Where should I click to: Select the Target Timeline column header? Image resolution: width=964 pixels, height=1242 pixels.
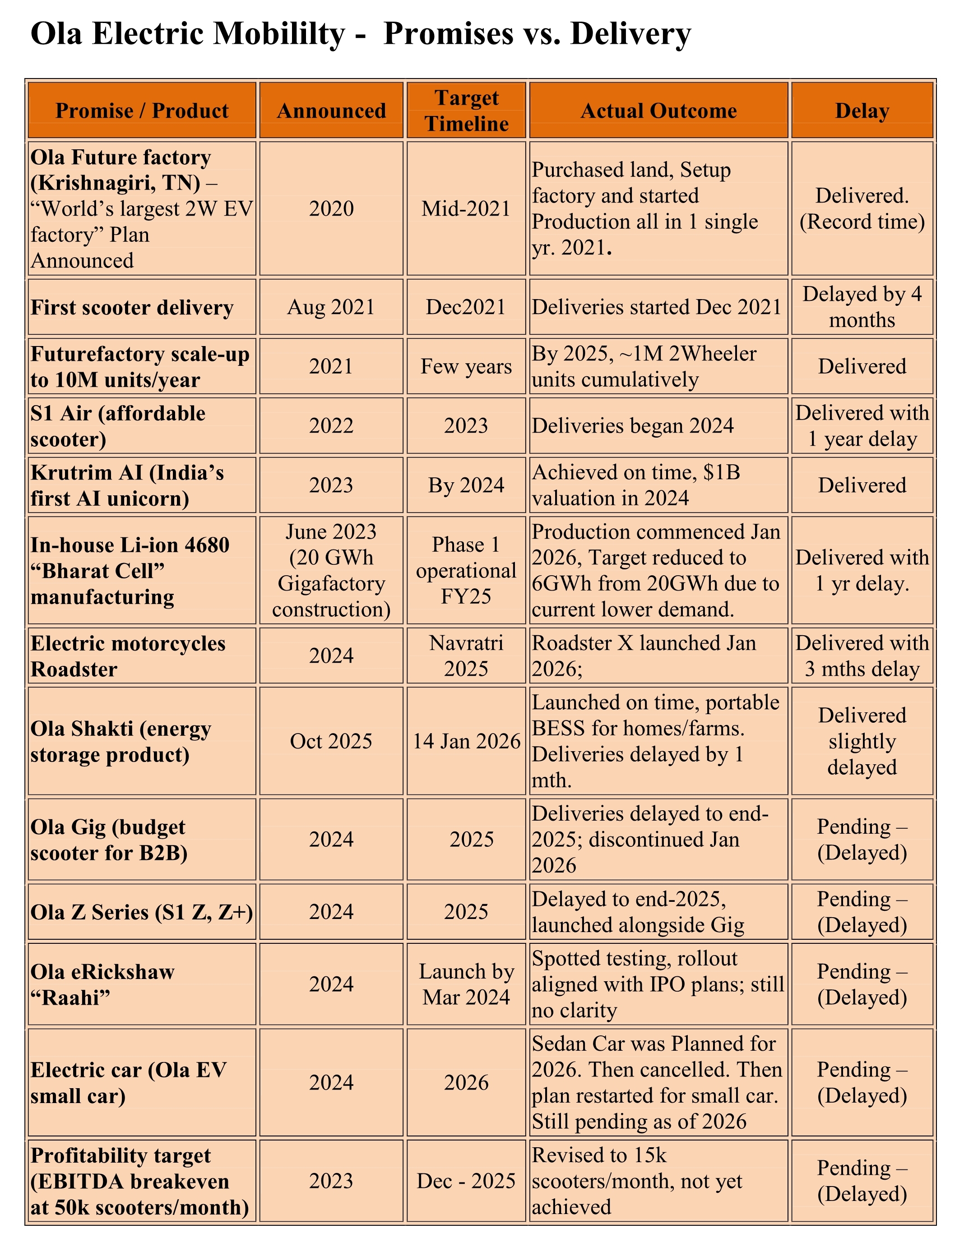click(x=466, y=111)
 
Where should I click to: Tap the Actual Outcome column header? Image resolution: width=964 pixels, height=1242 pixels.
click(x=658, y=111)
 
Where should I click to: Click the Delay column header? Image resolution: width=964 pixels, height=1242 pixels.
click(x=862, y=111)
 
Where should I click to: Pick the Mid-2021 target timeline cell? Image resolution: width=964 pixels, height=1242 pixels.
click(x=466, y=209)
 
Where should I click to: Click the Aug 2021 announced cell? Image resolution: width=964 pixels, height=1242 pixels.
click(x=331, y=307)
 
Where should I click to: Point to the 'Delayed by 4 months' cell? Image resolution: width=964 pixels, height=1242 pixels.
click(x=862, y=307)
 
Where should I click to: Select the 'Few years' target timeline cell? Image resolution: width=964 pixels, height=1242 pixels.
click(x=466, y=366)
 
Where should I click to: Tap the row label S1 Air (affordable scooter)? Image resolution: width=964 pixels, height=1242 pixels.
click(x=118, y=426)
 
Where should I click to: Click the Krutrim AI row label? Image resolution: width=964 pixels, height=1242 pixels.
click(x=127, y=485)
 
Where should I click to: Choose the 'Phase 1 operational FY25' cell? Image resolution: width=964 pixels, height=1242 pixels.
click(x=466, y=570)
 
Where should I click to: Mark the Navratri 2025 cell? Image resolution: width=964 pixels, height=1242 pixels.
click(x=466, y=656)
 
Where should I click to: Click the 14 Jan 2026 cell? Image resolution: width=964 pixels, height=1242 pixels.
click(x=466, y=741)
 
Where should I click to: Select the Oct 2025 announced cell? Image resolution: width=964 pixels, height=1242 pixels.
click(x=331, y=741)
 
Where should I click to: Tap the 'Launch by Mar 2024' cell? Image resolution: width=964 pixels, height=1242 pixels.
click(x=466, y=984)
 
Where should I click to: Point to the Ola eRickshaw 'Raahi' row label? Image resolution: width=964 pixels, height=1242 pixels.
click(x=103, y=984)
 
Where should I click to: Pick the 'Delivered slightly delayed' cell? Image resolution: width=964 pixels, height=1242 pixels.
click(x=862, y=741)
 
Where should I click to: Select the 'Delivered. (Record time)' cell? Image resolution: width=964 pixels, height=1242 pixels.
click(x=862, y=209)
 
